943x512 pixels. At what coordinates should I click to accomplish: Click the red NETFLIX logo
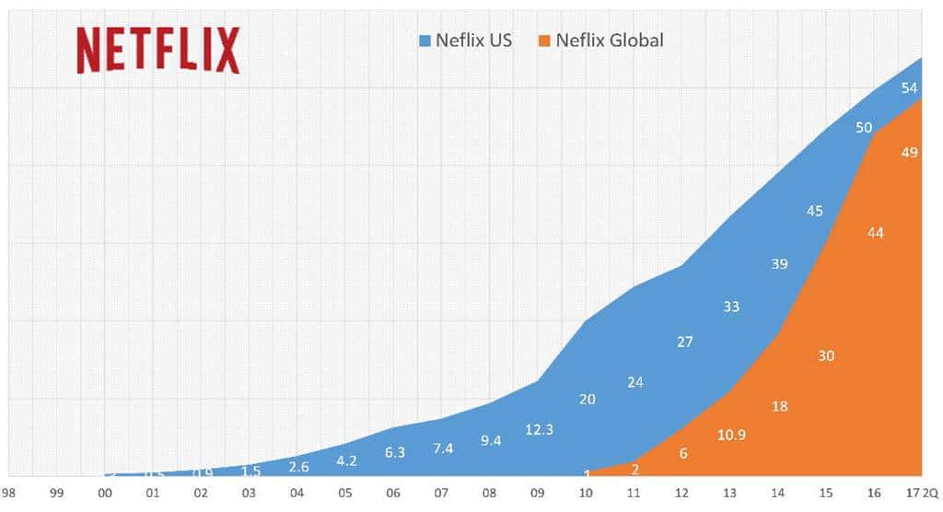(157, 50)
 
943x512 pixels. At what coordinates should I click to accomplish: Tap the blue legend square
(425, 41)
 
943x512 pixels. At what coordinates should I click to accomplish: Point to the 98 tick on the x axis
(7, 494)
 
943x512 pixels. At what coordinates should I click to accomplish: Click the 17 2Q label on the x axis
(924, 494)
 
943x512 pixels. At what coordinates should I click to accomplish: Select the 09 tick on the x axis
(539, 494)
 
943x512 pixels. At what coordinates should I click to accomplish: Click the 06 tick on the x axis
(393, 494)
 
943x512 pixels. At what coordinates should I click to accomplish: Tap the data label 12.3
(539, 430)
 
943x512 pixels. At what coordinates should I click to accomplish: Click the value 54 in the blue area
(909, 88)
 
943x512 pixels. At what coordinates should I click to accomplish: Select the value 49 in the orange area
(909, 153)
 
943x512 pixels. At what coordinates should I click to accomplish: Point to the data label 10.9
(731, 434)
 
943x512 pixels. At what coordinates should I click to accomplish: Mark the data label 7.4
(443, 448)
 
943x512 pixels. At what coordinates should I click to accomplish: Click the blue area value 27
(684, 342)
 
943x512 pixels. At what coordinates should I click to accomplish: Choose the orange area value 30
(826, 355)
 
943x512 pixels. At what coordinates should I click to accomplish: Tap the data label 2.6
(298, 467)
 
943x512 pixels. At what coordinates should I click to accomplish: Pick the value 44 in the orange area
(875, 233)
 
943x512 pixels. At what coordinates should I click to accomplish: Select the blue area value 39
(779, 264)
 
